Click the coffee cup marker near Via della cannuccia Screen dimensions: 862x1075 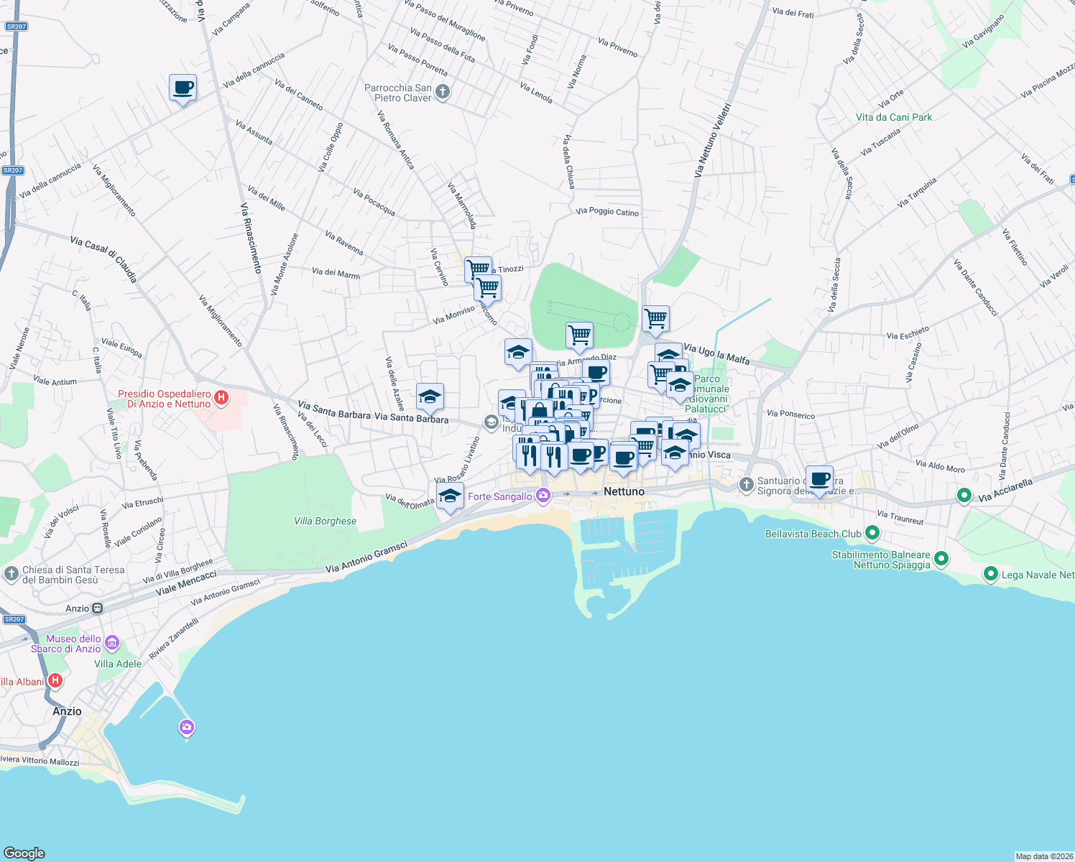pyautogui.click(x=183, y=88)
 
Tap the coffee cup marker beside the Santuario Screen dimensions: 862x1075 pyautogui.click(x=819, y=478)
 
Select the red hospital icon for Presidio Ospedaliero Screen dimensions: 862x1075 pyautogui.click(x=221, y=398)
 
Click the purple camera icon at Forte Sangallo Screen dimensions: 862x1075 pyautogui.click(x=543, y=496)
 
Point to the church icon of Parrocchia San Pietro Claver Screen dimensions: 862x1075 pyautogui.click(x=443, y=92)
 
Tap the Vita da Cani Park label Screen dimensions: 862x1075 pyautogui.click(x=893, y=117)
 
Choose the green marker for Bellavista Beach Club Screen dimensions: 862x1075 pyautogui.click(x=872, y=533)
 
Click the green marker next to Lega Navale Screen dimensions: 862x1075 pyautogui.click(x=991, y=573)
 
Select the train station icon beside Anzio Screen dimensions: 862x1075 pyautogui.click(x=97, y=608)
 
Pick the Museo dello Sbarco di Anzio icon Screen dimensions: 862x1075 pyautogui.click(x=111, y=641)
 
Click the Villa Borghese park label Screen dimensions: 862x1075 pyautogui.click(x=325, y=521)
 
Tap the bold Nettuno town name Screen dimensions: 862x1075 pyautogui.click(x=624, y=491)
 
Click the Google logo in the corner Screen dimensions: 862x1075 pyautogui.click(x=24, y=853)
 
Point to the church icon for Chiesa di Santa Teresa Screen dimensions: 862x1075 pyautogui.click(x=11, y=573)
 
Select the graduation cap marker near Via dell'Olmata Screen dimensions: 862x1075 pyautogui.click(x=450, y=496)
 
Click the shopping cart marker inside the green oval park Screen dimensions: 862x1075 pyautogui.click(x=579, y=335)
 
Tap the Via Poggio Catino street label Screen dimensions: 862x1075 pyautogui.click(x=607, y=212)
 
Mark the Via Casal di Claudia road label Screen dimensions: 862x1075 pyautogui.click(x=103, y=259)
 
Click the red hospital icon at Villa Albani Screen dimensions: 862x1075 pyautogui.click(x=55, y=680)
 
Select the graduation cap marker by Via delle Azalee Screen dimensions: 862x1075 pyautogui.click(x=430, y=397)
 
